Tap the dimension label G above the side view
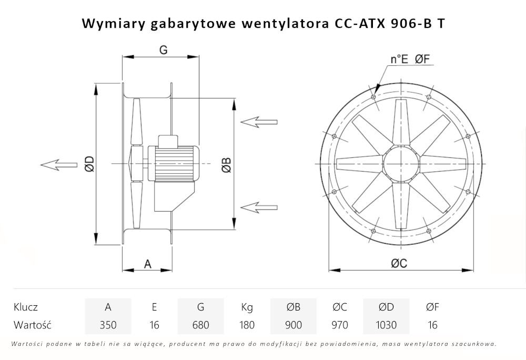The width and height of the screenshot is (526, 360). pos(163,49)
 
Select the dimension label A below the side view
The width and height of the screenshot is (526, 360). pos(148,264)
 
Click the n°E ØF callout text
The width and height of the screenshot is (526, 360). pos(411,59)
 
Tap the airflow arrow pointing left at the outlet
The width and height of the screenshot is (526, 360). pos(58,164)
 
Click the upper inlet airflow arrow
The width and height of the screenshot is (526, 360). pos(259,122)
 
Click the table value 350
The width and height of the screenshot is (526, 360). pos(108,325)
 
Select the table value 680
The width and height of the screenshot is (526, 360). pos(200,325)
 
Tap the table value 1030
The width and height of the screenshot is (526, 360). pos(386,325)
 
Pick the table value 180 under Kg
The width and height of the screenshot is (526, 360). pos(247,325)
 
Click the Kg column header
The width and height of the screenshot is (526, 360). pos(247,307)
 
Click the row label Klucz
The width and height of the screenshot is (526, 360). pos(26,307)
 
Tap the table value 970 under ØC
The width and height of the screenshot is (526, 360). pos(340,325)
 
